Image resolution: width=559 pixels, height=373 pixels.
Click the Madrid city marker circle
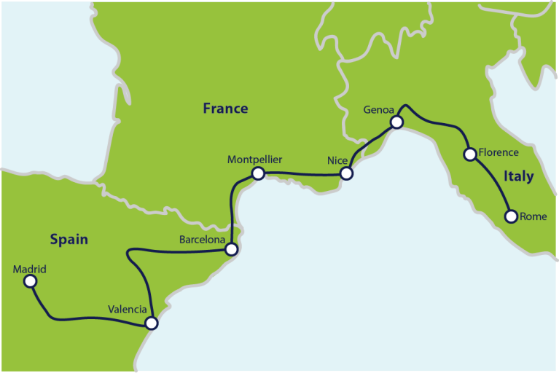pyautogui.click(x=30, y=280)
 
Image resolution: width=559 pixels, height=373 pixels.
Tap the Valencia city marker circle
pyautogui.click(x=151, y=323)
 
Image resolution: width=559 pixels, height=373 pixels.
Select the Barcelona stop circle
pyautogui.click(x=231, y=249)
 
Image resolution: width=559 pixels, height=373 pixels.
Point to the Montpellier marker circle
pyautogui.click(x=257, y=173)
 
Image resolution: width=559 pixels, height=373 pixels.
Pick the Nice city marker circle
pyautogui.click(x=347, y=173)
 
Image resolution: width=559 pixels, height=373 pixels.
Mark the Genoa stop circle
pyautogui.click(x=396, y=122)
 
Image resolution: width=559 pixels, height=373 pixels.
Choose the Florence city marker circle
pyautogui.click(x=470, y=154)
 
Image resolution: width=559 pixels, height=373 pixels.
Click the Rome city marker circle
pyautogui.click(x=511, y=216)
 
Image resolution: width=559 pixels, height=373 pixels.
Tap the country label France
pyautogui.click(x=225, y=109)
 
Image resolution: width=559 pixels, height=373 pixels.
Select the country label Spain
pyautogui.click(x=69, y=239)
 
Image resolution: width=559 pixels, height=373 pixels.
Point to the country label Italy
pyautogui.click(x=518, y=176)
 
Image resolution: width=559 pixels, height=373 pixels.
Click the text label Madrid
pyautogui.click(x=30, y=269)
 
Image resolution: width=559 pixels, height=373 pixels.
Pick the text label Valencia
pyautogui.click(x=128, y=309)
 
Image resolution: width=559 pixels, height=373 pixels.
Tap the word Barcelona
pyautogui.click(x=203, y=238)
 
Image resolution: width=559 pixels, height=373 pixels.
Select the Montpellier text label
pyautogui.click(x=254, y=159)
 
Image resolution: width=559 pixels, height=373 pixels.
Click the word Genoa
pyautogui.click(x=378, y=110)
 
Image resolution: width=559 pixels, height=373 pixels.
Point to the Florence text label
pyautogui.click(x=499, y=153)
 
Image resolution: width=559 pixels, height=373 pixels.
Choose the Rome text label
pyautogui.click(x=533, y=216)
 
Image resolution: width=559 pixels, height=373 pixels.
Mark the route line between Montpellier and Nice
pyautogui.click(x=302, y=174)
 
